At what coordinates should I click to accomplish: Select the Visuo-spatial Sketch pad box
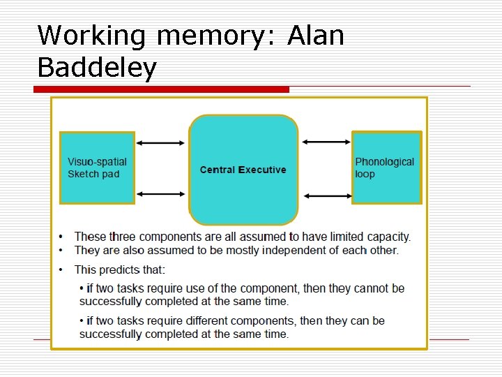point(97,168)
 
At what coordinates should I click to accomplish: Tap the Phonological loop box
point(386,168)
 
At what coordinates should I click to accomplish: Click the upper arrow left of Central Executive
point(161,143)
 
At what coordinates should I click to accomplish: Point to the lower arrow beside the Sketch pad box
point(161,193)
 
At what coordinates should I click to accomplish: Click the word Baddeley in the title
point(97,68)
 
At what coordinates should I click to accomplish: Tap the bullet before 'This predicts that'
point(61,269)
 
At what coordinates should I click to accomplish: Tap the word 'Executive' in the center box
point(262,170)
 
